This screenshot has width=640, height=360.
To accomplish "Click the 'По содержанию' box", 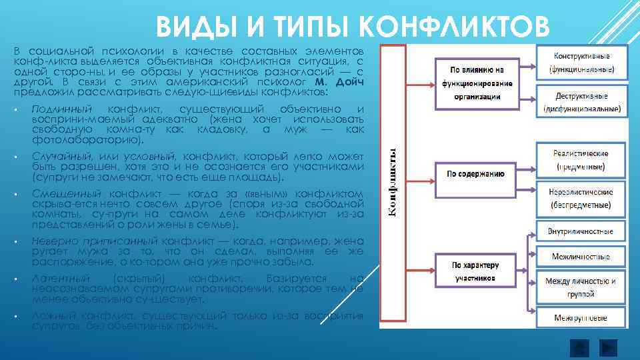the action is click(x=475, y=174).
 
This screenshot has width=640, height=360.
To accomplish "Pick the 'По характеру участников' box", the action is click(x=475, y=269).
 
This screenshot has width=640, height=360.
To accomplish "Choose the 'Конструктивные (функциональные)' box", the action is click(x=581, y=62).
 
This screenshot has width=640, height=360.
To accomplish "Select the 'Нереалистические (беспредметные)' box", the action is click(x=581, y=198).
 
